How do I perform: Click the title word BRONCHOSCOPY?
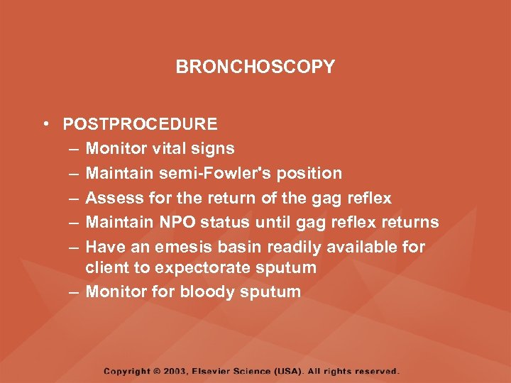(x=255, y=67)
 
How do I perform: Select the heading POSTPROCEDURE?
(x=140, y=124)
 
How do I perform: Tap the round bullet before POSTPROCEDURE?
(x=45, y=124)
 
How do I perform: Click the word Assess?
(x=115, y=198)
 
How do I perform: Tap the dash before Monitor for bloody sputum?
(x=75, y=292)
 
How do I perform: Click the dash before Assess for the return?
(x=75, y=198)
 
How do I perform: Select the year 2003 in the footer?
(x=177, y=371)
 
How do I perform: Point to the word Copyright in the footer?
(x=127, y=371)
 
